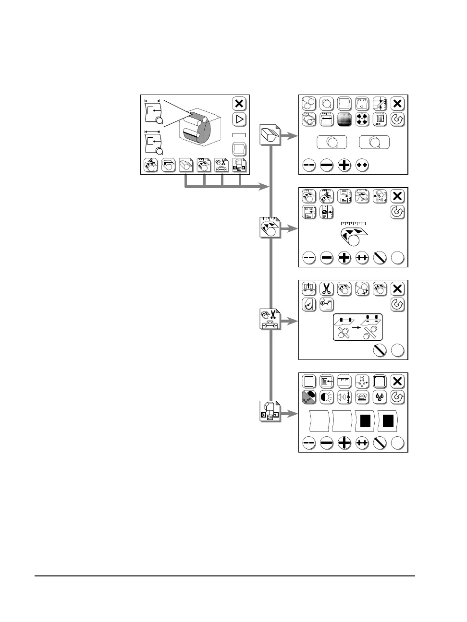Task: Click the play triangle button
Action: pyautogui.click(x=239, y=120)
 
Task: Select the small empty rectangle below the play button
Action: pyautogui.click(x=239, y=135)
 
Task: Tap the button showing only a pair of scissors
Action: pyautogui.click(x=327, y=288)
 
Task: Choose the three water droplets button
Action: pyautogui.click(x=380, y=397)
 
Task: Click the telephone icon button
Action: pyautogui.click(x=362, y=397)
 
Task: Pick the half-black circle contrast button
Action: pyautogui.click(x=327, y=397)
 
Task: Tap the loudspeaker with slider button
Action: pyautogui.click(x=344, y=397)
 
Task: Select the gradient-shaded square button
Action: pyautogui.click(x=344, y=120)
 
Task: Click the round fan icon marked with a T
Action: pyautogui.click(x=362, y=120)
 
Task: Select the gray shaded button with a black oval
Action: pyautogui.click(x=309, y=397)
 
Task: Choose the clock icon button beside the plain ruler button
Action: pyautogui.click(x=362, y=382)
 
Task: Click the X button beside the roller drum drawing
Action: pyautogui.click(x=239, y=103)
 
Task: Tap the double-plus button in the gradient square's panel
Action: pyautogui.click(x=362, y=166)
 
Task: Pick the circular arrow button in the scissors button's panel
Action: pyautogui.click(x=397, y=304)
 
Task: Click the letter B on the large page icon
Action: pyautogui.click(x=264, y=415)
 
